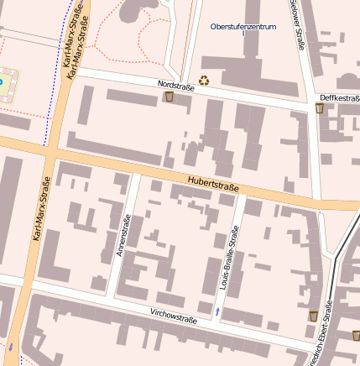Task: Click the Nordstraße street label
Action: click(x=175, y=86)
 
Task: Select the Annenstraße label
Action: click(x=123, y=237)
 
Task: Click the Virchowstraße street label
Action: click(x=174, y=318)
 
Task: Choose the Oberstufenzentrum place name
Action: click(x=245, y=28)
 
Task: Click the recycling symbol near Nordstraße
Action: click(x=203, y=81)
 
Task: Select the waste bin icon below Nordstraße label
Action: click(x=170, y=97)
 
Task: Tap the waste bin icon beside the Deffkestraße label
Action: click(x=321, y=108)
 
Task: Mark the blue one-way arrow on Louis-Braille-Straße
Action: click(x=217, y=312)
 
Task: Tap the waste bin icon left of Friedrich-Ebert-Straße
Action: click(x=313, y=316)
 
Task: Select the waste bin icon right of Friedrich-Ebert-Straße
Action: click(x=356, y=336)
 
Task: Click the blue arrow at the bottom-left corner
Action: click(x=12, y=346)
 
